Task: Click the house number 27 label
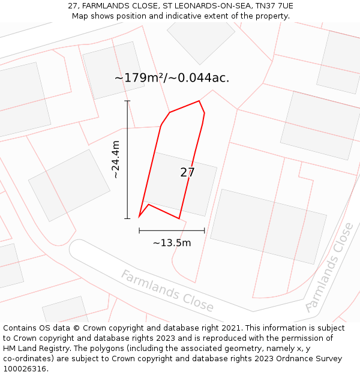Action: tap(187, 173)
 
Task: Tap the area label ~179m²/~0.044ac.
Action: tap(172, 78)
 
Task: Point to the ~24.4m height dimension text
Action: tap(116, 160)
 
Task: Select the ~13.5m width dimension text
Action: tap(172, 243)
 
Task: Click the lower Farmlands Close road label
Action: tap(167, 291)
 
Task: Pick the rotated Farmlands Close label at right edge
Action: tap(329, 268)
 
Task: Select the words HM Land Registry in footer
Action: tap(32, 349)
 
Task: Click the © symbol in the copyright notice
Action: tap(76, 328)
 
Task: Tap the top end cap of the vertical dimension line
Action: tap(127, 101)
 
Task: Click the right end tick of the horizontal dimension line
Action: tap(205, 230)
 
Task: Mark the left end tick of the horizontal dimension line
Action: tap(139, 230)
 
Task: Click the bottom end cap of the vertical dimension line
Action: tap(127, 218)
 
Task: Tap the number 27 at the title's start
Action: tap(73, 6)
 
